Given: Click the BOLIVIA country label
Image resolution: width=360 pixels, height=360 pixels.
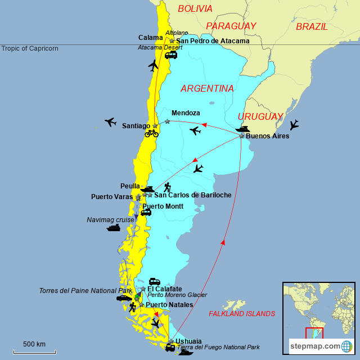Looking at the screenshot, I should pyautogui.click(x=195, y=8).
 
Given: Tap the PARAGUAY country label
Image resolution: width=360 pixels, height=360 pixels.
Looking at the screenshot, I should pyautogui.click(x=231, y=26).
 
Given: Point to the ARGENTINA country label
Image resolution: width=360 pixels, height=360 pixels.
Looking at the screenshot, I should pyautogui.click(x=207, y=88).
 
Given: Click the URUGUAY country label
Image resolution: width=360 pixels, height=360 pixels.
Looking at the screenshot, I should pyautogui.click(x=260, y=116).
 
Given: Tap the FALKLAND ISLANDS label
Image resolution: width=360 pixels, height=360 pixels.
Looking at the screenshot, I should pyautogui.click(x=241, y=313).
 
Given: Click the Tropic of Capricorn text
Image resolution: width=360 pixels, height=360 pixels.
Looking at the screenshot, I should pyautogui.click(x=29, y=48).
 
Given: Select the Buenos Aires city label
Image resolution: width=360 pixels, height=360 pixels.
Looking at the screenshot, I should pyautogui.click(x=268, y=136).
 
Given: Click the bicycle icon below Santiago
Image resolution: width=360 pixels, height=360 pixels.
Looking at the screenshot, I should pyautogui.click(x=151, y=134).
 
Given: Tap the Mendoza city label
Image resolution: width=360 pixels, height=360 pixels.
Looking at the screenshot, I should pyautogui.click(x=186, y=113).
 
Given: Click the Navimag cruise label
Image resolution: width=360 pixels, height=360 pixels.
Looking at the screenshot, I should pyautogui.click(x=110, y=220).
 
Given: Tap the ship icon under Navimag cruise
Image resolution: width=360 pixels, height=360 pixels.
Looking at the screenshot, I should pyautogui.click(x=114, y=228).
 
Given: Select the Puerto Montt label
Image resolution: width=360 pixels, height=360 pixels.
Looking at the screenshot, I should pyautogui.click(x=163, y=206).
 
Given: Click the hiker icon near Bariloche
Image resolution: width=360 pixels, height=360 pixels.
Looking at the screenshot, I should pyautogui.click(x=167, y=188).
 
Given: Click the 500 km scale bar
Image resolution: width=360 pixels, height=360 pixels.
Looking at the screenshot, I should pyautogui.click(x=34, y=352).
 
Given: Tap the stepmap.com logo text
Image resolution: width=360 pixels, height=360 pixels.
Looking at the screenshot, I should pyautogui.click(x=316, y=345).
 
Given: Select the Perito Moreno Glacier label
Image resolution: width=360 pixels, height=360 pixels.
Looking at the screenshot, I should pyautogui.click(x=177, y=295).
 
